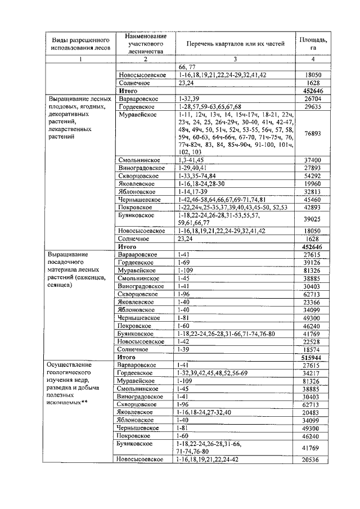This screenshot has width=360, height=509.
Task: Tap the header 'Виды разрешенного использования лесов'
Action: click(x=80, y=44)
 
